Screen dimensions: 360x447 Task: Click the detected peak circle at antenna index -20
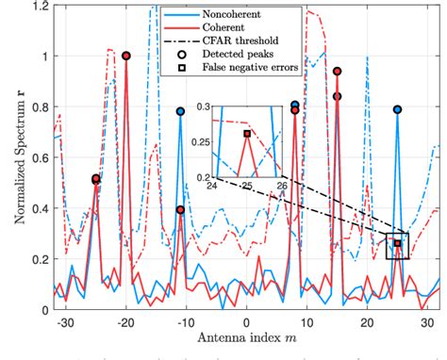click(x=125, y=56)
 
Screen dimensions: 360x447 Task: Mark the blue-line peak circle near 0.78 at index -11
click(x=180, y=111)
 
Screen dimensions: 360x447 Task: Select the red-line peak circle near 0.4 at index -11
click(x=180, y=209)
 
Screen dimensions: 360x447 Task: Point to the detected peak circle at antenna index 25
click(x=397, y=109)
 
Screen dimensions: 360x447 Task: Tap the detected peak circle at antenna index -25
click(x=95, y=179)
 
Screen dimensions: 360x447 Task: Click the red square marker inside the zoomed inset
click(x=247, y=134)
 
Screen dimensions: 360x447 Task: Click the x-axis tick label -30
click(x=63, y=324)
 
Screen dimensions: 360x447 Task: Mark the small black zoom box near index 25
click(x=397, y=246)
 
